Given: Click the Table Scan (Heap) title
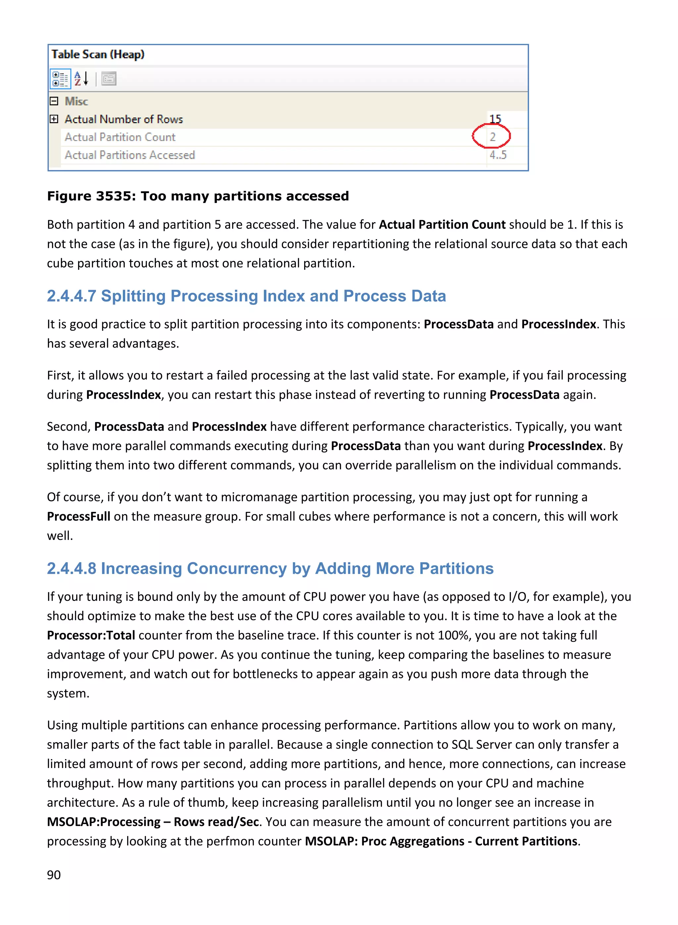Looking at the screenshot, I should (x=98, y=54).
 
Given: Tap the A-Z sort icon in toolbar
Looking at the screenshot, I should (x=81, y=78).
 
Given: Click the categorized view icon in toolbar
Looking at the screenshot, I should (x=60, y=79).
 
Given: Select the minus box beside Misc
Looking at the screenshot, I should (x=54, y=101).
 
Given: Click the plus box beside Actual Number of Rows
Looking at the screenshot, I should (x=54, y=119).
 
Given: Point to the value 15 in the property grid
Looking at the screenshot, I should (x=495, y=119).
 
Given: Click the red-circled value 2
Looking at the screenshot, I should (x=492, y=137).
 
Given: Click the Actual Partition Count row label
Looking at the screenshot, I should (x=120, y=137).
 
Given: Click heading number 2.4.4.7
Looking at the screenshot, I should (x=72, y=296).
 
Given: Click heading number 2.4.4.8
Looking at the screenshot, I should (x=72, y=568).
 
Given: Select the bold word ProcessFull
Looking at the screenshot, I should (x=78, y=516).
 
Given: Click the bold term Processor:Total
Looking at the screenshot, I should (x=91, y=635).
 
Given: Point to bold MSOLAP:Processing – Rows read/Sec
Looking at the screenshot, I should (x=153, y=822).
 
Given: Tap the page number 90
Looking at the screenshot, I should (x=54, y=875).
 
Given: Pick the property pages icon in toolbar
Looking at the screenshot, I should (x=109, y=78).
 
